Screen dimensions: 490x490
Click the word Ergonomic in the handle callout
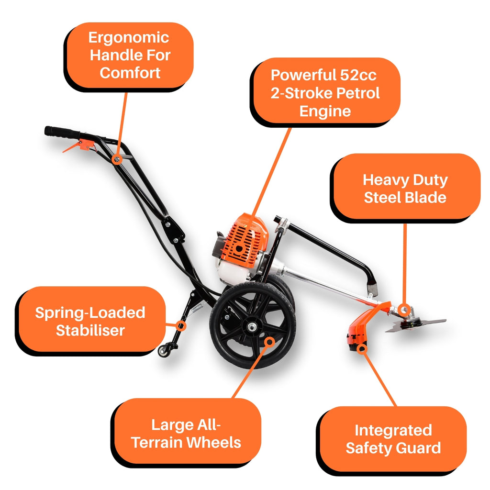point(129,38)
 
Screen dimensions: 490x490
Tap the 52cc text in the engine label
point(358,75)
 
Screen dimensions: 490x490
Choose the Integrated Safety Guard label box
point(393,439)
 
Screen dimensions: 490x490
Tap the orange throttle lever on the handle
point(78,146)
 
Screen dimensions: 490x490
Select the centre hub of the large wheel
point(252,327)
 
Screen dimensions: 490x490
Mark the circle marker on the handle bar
point(117,160)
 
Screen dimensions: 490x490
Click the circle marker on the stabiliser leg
point(180,326)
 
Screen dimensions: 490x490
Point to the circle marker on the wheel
point(269,342)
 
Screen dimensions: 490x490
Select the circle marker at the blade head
point(405,310)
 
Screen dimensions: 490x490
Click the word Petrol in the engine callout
point(360,93)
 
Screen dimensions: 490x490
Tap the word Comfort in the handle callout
point(130,73)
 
